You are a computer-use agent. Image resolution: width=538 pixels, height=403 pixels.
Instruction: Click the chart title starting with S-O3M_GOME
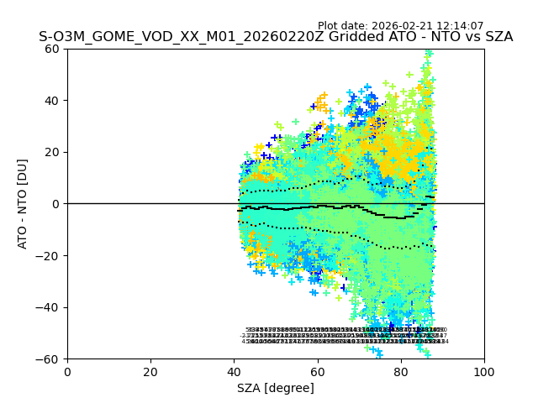pyautogui.click(x=276, y=37)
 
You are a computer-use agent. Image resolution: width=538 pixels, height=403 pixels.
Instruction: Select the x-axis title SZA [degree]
pyautogui.click(x=276, y=388)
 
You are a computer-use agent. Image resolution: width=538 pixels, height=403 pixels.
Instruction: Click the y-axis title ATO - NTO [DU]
pyautogui.click(x=23, y=203)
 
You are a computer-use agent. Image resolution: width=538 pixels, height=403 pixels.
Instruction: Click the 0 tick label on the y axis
pyautogui.click(x=56, y=204)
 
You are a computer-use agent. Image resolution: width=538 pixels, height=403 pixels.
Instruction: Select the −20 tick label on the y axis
pyautogui.click(x=50, y=255)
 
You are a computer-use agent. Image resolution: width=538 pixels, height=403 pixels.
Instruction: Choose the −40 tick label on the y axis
pyautogui.click(x=50, y=307)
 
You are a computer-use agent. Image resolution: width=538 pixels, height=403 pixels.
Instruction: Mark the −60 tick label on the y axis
pyautogui.click(x=50, y=359)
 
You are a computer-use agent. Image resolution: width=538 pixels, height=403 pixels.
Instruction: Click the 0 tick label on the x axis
pyautogui.click(x=67, y=371)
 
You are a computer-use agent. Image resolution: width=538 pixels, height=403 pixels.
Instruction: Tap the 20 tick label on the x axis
pyautogui.click(x=150, y=371)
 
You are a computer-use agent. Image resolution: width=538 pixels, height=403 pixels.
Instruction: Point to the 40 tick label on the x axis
pyautogui.click(x=234, y=371)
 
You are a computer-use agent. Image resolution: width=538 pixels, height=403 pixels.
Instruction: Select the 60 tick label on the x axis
pyautogui.click(x=317, y=371)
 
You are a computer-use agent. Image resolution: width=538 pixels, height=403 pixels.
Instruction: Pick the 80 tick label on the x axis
pyautogui.click(x=401, y=371)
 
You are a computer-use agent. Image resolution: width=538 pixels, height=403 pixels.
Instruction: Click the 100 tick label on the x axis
pyautogui.click(x=484, y=371)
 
